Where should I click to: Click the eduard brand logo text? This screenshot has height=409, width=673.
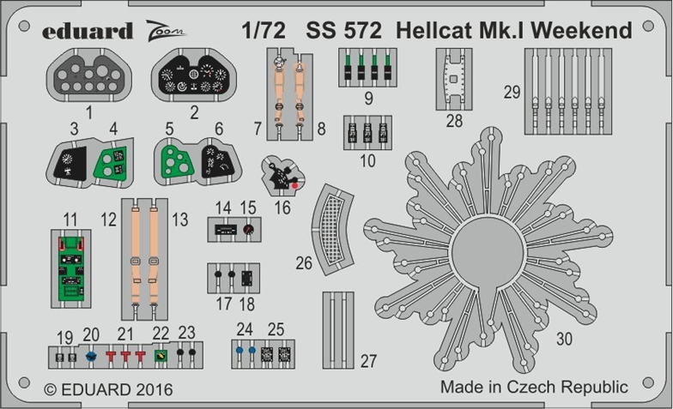coord(88,31)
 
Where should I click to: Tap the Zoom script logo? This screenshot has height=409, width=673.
coord(165,31)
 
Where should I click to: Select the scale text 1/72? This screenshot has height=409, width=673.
coord(263,31)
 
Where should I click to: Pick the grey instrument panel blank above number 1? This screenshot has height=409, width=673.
coord(89,75)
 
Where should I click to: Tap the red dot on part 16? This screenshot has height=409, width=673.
coord(294,185)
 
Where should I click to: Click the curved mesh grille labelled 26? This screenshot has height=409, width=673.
coord(333,230)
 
